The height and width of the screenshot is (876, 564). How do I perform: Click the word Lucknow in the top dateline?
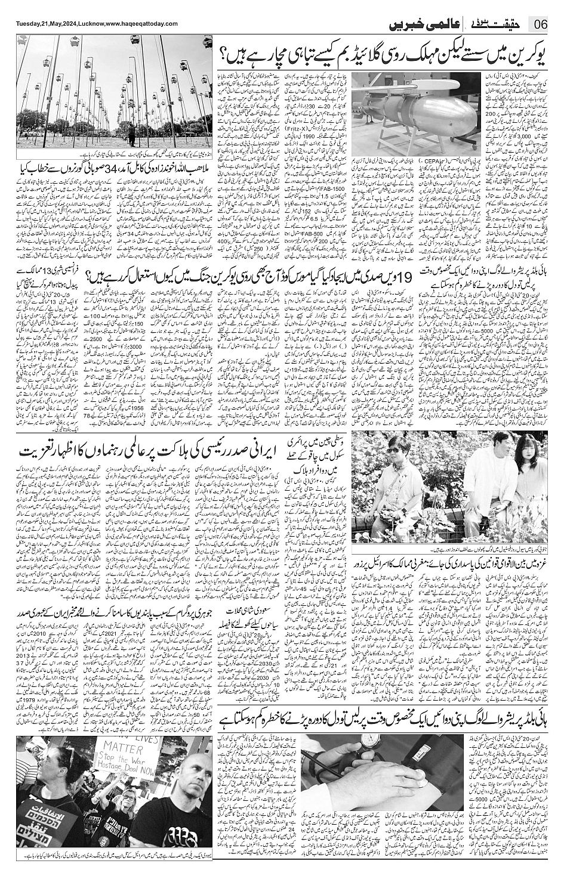[89, 23]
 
